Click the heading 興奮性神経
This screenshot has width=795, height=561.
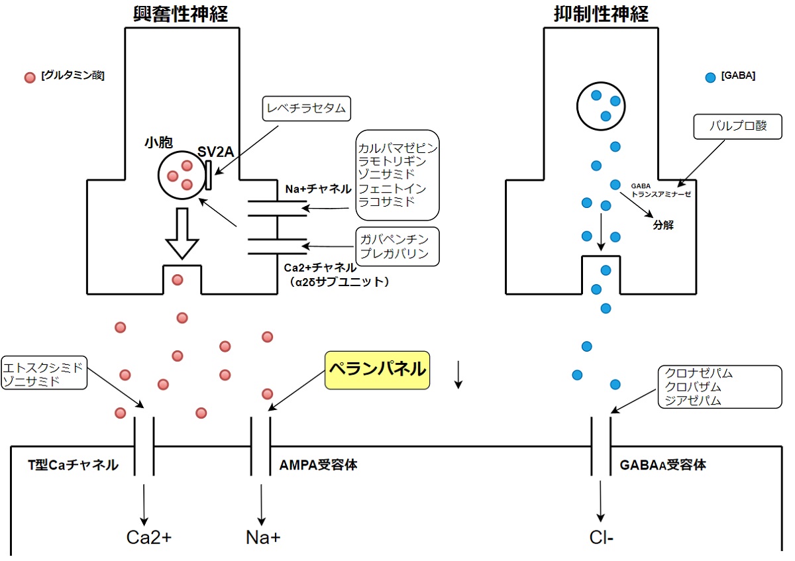(x=182, y=13)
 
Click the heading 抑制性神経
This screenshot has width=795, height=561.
(x=601, y=13)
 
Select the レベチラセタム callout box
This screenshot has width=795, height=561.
(x=305, y=107)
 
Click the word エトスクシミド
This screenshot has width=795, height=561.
(x=43, y=367)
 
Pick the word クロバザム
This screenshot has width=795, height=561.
(x=694, y=387)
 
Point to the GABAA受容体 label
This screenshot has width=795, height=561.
(x=662, y=465)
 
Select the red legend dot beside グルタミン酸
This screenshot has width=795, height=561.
(x=29, y=77)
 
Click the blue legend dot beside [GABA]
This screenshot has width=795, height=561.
(x=710, y=77)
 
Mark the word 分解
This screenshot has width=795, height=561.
(x=662, y=224)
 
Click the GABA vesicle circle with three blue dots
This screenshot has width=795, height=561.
(x=599, y=105)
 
